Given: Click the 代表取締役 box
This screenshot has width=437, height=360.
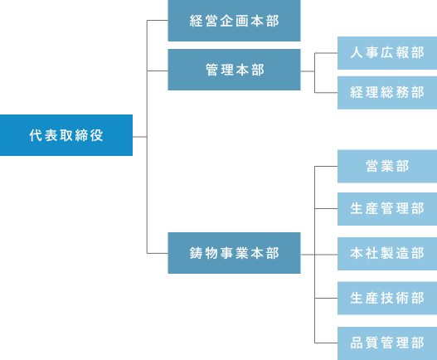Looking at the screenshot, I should tap(66, 135).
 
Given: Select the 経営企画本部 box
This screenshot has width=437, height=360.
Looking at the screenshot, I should tap(234, 21).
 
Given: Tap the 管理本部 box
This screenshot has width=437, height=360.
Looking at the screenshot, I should tap(234, 70).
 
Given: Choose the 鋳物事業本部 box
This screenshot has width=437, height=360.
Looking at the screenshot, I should tap(234, 253).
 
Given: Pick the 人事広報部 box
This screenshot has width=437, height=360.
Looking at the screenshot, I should tap(387, 53).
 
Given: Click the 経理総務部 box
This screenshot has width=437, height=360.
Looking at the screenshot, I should tap(387, 92).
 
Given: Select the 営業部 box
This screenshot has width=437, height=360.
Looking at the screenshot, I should tap(387, 166).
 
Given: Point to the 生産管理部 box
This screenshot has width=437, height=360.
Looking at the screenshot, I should tap(387, 208).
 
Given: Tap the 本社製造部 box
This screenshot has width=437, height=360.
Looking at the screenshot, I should tap(387, 253).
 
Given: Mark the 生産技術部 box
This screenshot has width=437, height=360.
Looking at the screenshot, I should tap(387, 298).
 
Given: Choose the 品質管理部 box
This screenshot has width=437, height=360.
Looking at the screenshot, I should tap(387, 343).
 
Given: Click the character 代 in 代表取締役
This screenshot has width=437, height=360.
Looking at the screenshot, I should tap(35, 135).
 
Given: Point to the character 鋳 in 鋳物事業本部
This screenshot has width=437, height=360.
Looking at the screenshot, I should tap(197, 253).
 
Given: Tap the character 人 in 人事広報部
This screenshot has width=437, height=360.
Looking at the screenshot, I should tap(357, 53).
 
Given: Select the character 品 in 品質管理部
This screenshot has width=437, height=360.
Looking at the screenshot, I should tap(357, 343).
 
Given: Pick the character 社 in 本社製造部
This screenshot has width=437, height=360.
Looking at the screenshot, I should tap(371, 253).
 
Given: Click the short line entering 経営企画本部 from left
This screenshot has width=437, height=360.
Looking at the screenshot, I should tap(157, 21).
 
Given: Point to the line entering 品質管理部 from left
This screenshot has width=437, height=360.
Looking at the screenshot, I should tap(326, 343).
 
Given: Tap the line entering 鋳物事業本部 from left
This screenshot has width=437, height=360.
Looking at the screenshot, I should tap(157, 253).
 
